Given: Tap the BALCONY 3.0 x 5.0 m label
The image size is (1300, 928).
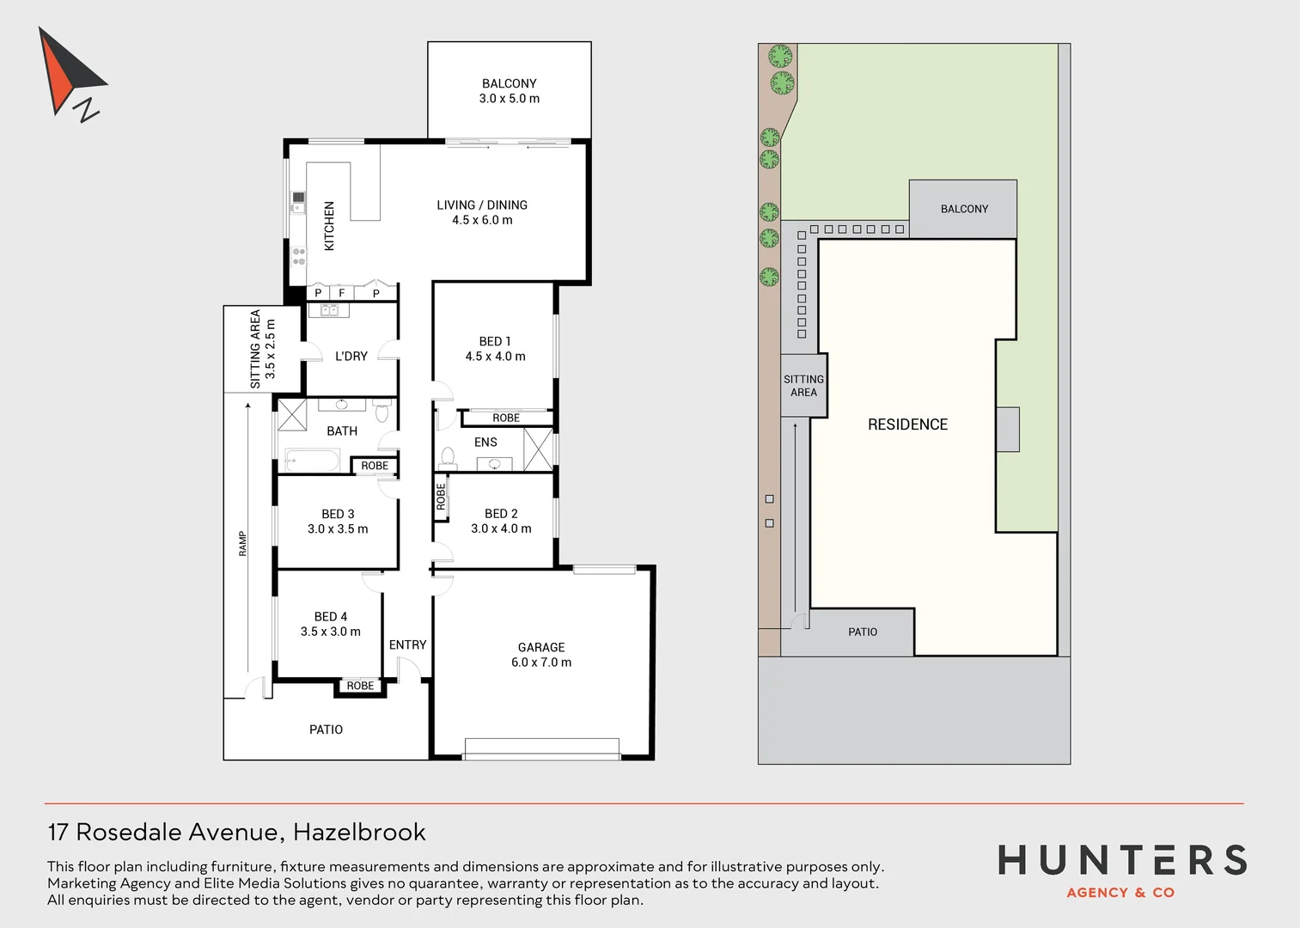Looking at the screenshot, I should click(x=509, y=91).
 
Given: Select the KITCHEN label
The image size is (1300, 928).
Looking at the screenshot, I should click(x=329, y=226).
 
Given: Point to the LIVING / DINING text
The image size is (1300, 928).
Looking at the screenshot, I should click(x=482, y=205).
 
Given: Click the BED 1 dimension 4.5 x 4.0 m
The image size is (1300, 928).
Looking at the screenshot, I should click(x=495, y=357).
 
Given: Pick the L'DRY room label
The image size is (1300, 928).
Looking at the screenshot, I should click(x=351, y=356).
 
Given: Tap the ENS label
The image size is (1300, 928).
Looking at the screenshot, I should click(x=485, y=443).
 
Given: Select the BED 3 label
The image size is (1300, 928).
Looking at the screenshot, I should click(x=338, y=514).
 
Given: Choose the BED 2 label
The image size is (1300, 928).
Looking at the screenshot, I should click(x=501, y=514).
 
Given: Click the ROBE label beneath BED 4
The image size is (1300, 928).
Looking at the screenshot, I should click(x=361, y=686).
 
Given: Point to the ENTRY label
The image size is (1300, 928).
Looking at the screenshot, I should click(x=407, y=644).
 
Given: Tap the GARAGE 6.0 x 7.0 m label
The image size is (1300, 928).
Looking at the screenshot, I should click(x=541, y=655).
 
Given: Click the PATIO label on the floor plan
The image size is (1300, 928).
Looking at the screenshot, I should click(x=326, y=730).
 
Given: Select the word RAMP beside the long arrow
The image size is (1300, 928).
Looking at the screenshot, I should click(x=242, y=544).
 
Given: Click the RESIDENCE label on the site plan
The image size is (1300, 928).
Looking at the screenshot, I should click(x=907, y=424).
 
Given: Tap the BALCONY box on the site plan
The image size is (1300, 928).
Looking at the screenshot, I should click(x=963, y=209).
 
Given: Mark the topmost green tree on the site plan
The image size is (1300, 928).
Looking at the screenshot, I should click(x=780, y=56).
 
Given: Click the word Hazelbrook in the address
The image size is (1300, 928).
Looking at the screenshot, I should click(x=359, y=832).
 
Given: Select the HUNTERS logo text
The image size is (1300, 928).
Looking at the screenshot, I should click(x=1121, y=860).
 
